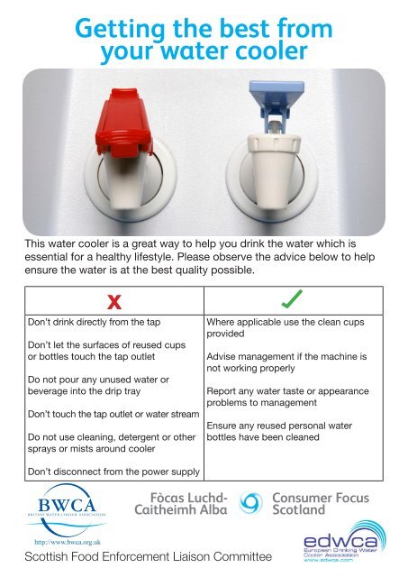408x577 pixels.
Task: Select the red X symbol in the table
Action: [x=115, y=299]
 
